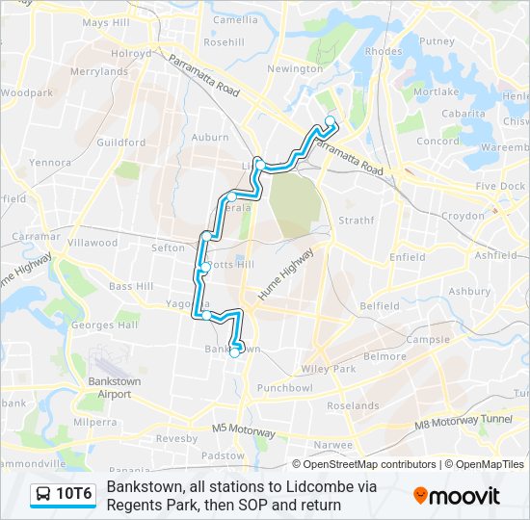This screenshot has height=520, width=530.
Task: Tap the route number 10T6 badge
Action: click(73, 495)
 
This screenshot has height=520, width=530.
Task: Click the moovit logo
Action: click(457, 496)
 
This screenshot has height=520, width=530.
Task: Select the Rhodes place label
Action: click(384, 52)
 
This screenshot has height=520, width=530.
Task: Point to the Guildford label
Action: click(121, 143)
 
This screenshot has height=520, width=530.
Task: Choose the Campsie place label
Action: click(429, 340)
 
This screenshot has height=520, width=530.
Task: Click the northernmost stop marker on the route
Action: click(331, 121)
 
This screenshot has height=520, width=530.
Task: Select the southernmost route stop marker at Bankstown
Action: click(234, 353)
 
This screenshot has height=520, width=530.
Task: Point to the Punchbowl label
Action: click(285, 388)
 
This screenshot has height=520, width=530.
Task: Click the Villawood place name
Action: click(94, 244)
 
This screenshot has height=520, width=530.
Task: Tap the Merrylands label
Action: click(99, 71)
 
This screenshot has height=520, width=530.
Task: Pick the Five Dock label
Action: click(500, 187)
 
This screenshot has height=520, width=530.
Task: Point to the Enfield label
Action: click(407, 258)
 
